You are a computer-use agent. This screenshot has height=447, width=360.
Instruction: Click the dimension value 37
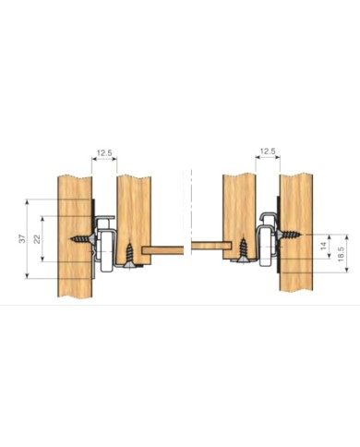click(x=22, y=238)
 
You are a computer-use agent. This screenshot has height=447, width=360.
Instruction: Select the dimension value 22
click(x=37, y=239)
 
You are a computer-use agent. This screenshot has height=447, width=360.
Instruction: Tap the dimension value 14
click(x=323, y=246)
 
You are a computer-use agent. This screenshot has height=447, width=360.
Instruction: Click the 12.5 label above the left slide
click(x=104, y=152)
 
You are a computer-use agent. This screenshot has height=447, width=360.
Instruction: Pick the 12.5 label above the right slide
click(x=268, y=151)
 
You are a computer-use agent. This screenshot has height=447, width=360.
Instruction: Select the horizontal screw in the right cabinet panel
click(x=289, y=236)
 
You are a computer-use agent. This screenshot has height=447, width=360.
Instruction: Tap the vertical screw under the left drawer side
click(x=129, y=255)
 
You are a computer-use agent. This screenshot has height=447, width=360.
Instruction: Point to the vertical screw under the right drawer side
click(x=243, y=250)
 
